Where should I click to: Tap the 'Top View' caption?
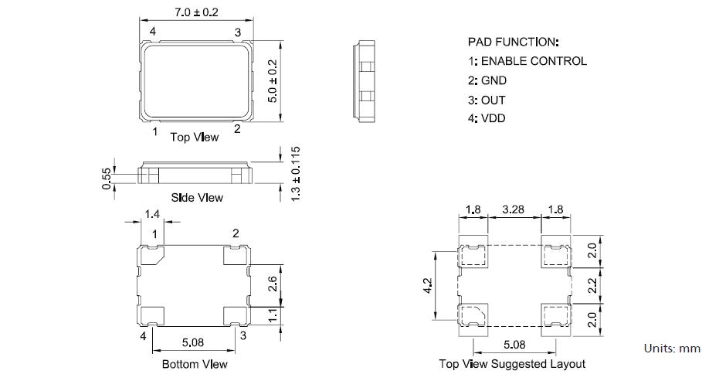[194, 138]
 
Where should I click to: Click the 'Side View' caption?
[198, 198]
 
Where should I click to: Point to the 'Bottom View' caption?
[195, 364]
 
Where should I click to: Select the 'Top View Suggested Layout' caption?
[512, 364]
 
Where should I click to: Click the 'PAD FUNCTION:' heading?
[514, 41]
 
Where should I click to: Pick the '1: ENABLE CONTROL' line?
[527, 61]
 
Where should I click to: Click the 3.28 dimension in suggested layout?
[514, 209]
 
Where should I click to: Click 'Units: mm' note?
[672, 349]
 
